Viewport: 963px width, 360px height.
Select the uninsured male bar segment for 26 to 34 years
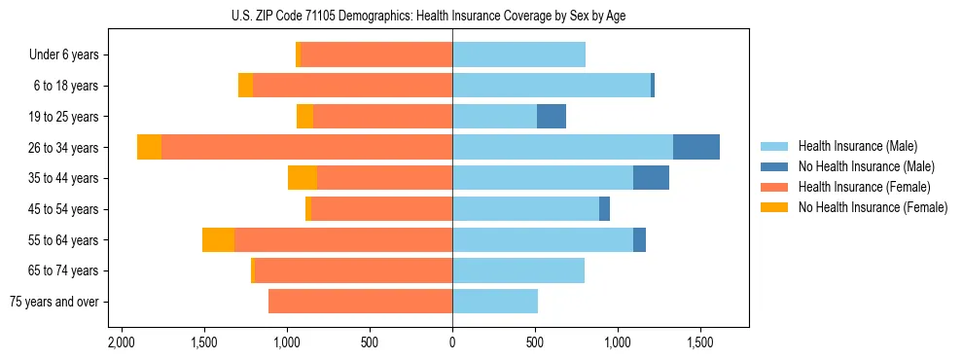point(696,147)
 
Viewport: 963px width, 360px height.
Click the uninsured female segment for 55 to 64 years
point(218,240)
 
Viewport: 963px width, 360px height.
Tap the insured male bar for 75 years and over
point(495,302)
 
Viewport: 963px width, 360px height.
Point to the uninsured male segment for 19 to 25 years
point(552,117)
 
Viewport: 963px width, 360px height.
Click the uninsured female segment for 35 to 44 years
point(303,178)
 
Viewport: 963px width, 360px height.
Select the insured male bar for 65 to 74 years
point(518,270)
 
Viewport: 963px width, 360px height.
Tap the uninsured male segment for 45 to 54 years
point(604,209)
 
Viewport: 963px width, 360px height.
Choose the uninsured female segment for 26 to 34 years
point(149,147)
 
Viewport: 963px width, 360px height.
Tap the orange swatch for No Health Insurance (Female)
point(774,207)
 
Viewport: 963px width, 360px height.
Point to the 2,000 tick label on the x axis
point(121,343)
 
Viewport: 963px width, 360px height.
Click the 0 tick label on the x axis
point(452,343)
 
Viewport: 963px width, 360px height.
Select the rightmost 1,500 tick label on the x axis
point(701,343)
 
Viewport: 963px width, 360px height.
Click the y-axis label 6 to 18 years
point(65,86)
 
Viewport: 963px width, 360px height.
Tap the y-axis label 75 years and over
point(53,302)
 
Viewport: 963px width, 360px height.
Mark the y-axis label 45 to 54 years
point(63,209)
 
